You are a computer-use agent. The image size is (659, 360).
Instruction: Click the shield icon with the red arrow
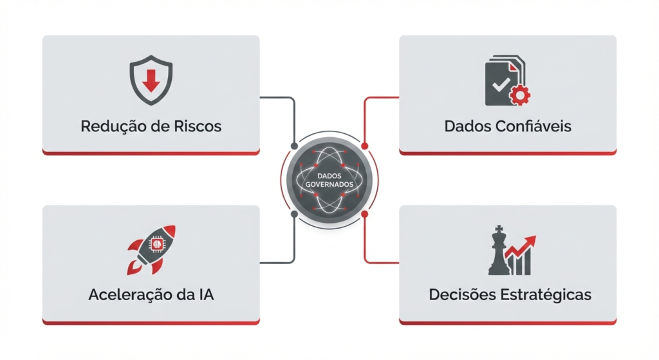point(151,80)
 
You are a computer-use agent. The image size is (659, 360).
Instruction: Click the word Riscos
point(198,126)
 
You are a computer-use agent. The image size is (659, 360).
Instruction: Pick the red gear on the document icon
point(520,95)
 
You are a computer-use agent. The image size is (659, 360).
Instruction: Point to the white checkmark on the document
point(501,85)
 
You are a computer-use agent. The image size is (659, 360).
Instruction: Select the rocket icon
point(151,251)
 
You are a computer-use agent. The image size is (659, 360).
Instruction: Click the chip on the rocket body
point(156,244)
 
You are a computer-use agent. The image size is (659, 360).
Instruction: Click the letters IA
point(205,295)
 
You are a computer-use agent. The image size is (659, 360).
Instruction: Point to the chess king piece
point(499,251)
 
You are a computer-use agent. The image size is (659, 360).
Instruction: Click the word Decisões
point(462,295)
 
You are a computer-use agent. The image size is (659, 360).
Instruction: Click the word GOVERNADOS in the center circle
point(329,185)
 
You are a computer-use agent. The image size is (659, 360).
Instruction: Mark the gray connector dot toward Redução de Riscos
point(294,146)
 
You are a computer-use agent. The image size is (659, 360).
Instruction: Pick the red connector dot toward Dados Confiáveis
point(364,146)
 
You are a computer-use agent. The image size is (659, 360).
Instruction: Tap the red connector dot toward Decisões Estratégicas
point(364,214)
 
